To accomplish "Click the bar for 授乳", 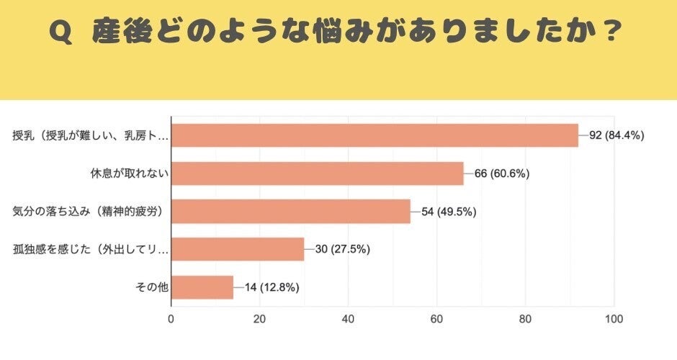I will (x=375, y=135).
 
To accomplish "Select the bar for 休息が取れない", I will (x=317, y=174).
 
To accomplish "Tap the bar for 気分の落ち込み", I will (x=290, y=212).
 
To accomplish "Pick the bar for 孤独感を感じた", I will (x=238, y=249).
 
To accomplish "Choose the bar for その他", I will (x=202, y=287).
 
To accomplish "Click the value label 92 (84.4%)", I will (x=617, y=135).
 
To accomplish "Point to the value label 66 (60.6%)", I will (x=502, y=174).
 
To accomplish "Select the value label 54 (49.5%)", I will (x=449, y=212).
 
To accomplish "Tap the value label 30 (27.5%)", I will (x=343, y=249).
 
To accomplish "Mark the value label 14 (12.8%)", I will (x=272, y=287).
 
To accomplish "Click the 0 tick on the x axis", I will (x=171, y=320).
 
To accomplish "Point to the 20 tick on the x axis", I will (x=259, y=320).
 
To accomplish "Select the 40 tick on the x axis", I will (x=348, y=320).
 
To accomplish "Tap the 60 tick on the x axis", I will (x=436, y=320).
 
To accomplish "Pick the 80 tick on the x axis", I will (x=525, y=320).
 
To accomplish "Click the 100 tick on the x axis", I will (x=614, y=320).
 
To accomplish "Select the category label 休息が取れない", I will (x=127, y=174).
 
